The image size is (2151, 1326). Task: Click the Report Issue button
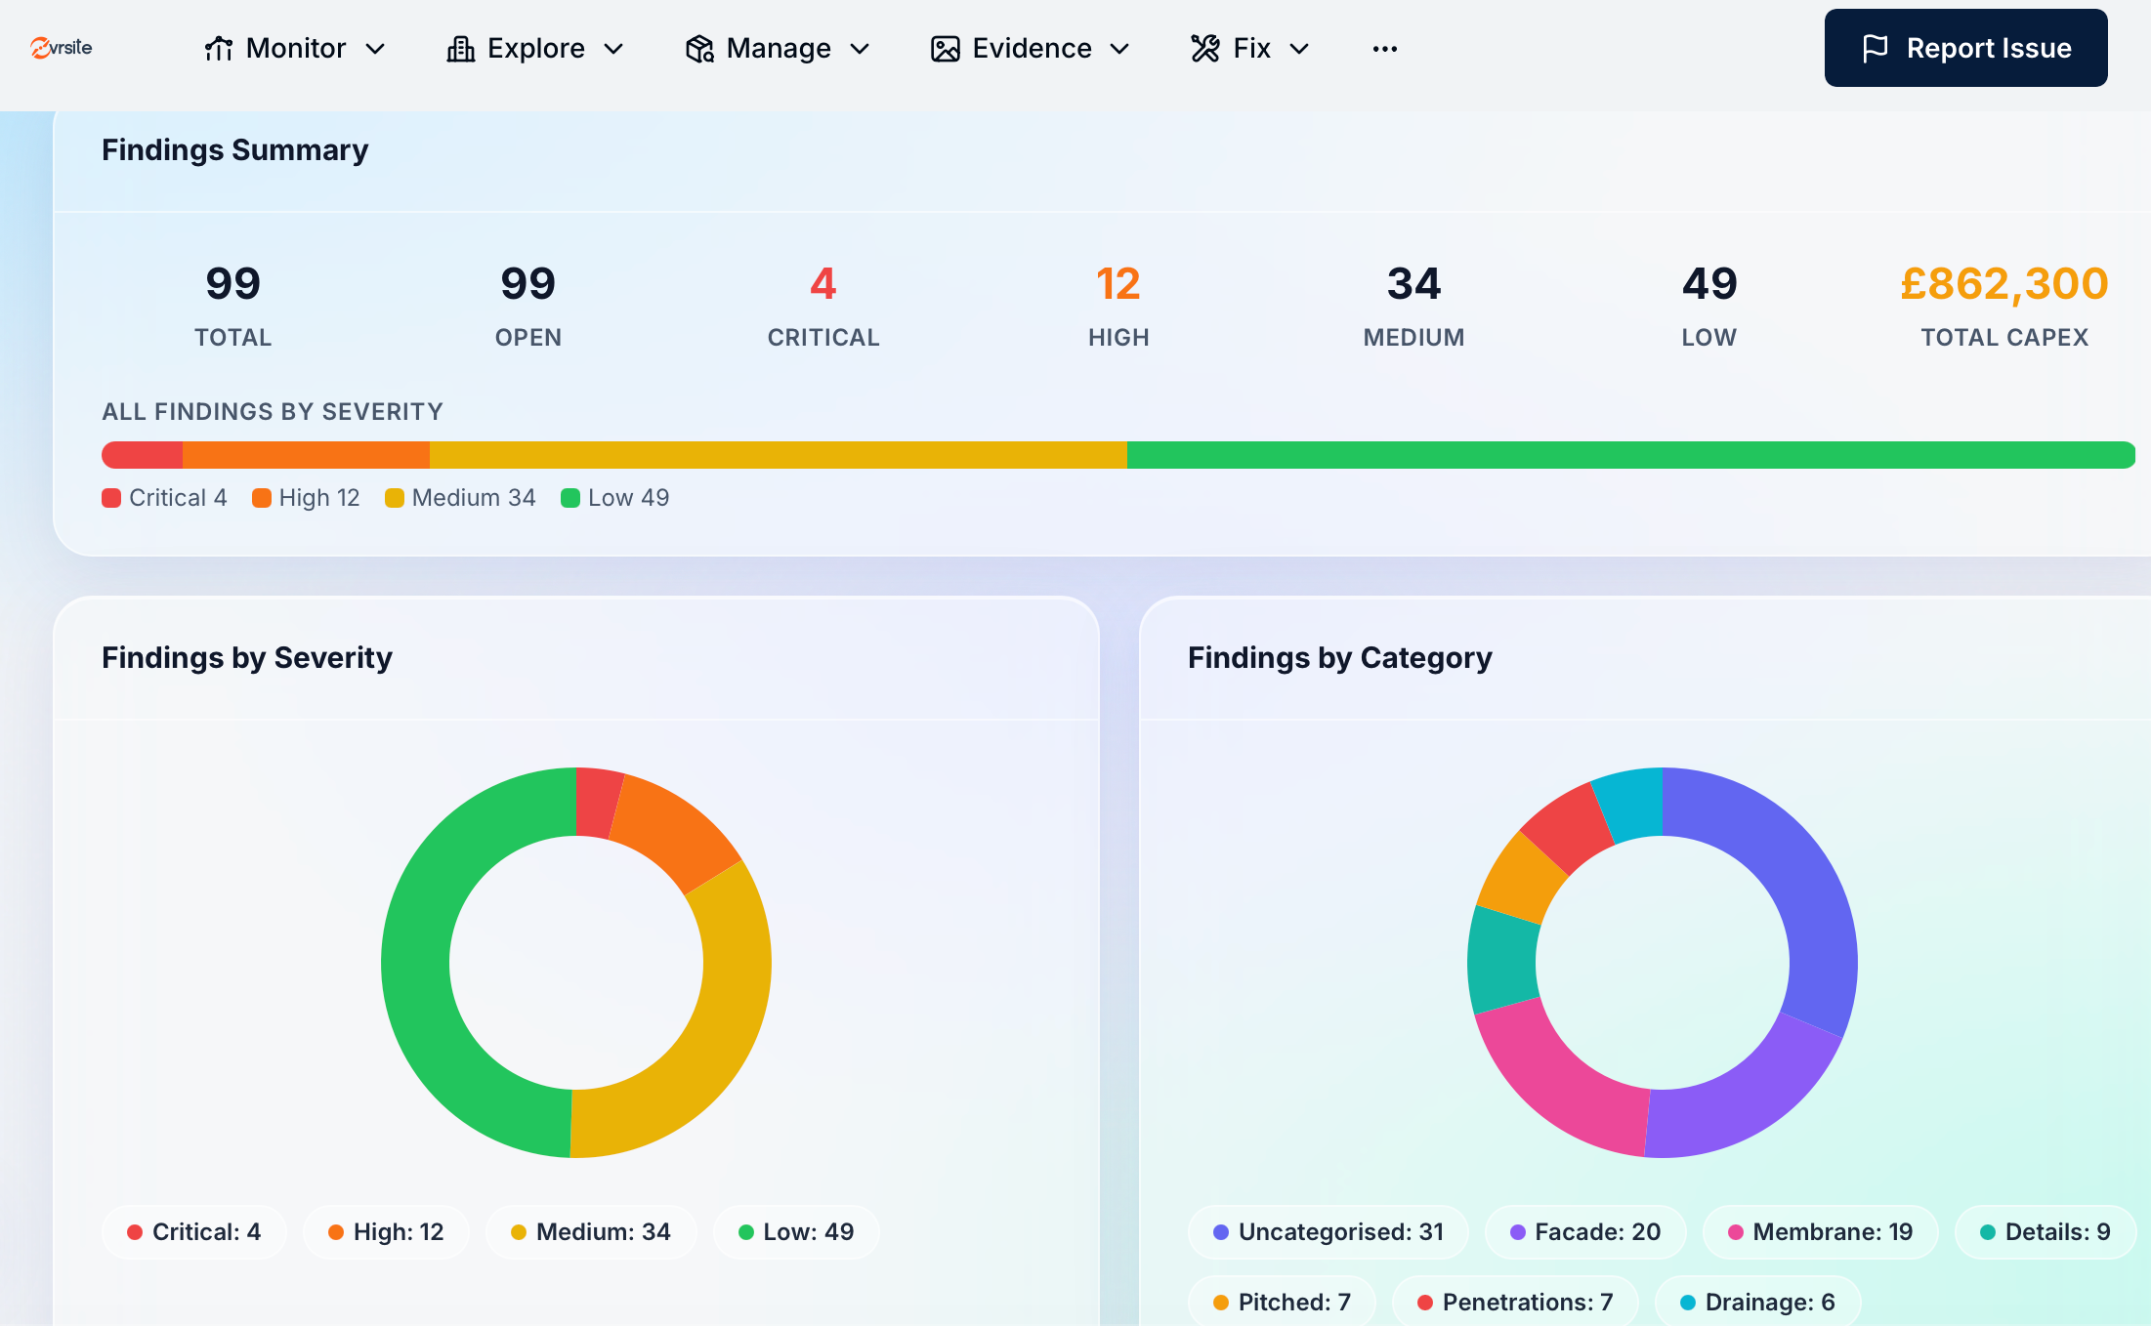coord(1965,48)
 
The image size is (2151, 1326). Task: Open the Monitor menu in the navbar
coord(294,48)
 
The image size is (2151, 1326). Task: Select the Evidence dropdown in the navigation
coord(1030,48)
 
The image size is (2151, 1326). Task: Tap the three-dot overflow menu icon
coord(1384,48)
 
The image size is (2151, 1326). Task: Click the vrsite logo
coord(61,47)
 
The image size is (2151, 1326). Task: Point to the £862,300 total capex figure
coord(2003,284)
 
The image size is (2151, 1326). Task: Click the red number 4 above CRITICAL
coord(822,284)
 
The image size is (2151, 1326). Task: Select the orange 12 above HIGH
coord(1118,284)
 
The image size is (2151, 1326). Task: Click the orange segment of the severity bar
coord(305,455)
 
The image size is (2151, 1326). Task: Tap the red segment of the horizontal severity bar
coord(143,455)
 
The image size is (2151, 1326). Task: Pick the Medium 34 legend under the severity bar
coord(460,498)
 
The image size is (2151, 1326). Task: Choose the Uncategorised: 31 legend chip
coord(1328,1232)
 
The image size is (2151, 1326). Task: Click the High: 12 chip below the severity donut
coord(386,1232)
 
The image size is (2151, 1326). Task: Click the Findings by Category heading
coord(1339,658)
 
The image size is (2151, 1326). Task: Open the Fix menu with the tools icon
coord(1249,48)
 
